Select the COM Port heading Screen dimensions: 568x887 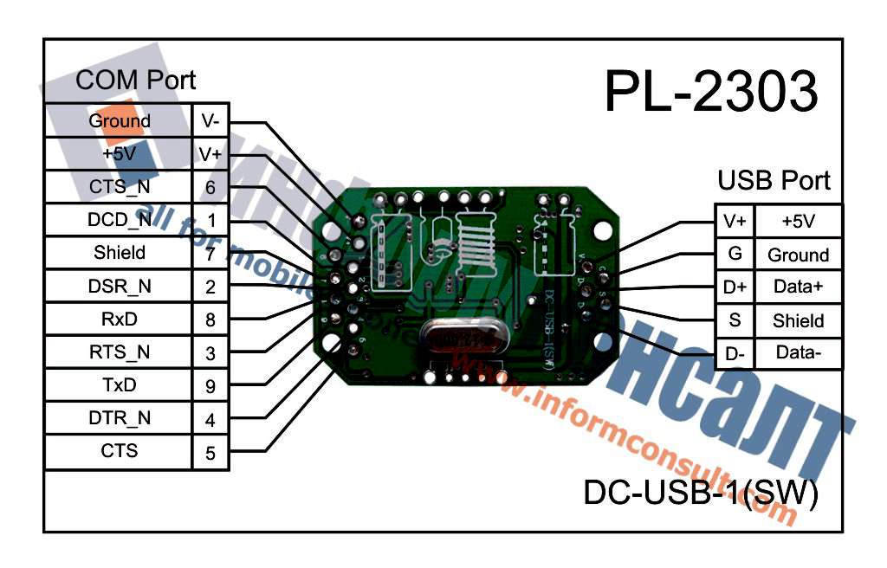[x=136, y=81]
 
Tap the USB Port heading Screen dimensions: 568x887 [x=774, y=180]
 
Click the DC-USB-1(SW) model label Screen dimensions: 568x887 [x=701, y=493]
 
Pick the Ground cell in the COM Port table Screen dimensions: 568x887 [x=119, y=121]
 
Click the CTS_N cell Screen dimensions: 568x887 [x=119, y=187]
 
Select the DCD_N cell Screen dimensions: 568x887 [x=119, y=220]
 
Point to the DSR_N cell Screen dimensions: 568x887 [x=119, y=286]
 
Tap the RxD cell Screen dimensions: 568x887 [x=119, y=319]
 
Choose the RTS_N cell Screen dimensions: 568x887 [x=119, y=352]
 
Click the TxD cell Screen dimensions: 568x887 [x=119, y=385]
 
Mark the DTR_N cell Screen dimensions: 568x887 [x=119, y=418]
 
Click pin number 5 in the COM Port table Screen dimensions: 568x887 [x=210, y=452]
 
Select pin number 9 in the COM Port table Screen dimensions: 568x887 [x=210, y=386]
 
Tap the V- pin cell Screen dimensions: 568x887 [x=210, y=121]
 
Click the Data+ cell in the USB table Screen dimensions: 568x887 [x=798, y=287]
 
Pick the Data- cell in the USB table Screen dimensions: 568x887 [x=798, y=353]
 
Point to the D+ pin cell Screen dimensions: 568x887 [x=735, y=287]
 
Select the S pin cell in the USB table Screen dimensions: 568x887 [x=735, y=320]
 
